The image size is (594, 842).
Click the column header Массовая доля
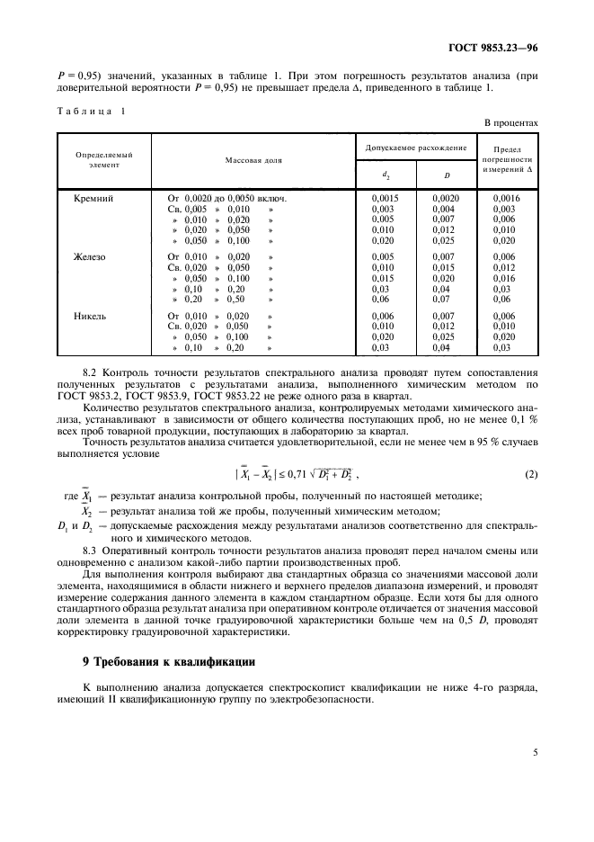coord(253,159)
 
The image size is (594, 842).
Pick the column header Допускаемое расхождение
coord(415,147)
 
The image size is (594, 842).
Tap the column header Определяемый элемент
coord(103,160)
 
